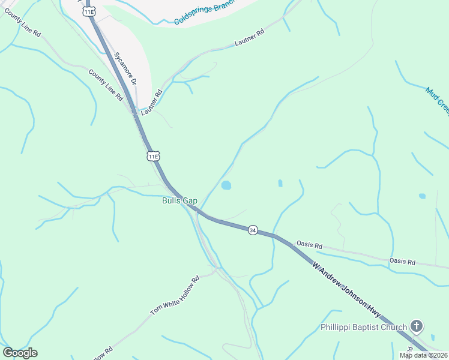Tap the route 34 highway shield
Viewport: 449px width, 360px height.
click(x=253, y=230)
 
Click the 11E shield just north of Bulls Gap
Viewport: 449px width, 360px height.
click(x=153, y=156)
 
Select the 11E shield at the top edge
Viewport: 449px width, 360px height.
click(x=89, y=11)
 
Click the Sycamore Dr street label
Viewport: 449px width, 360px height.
click(x=125, y=68)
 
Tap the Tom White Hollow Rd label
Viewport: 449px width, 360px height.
click(x=175, y=296)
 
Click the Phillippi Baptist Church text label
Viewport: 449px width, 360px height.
click(x=363, y=327)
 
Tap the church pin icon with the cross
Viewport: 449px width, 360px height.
click(x=417, y=326)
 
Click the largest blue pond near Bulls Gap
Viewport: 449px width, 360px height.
click(x=226, y=185)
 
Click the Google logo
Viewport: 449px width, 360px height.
click(x=20, y=353)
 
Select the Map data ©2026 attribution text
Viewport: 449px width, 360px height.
click(x=423, y=355)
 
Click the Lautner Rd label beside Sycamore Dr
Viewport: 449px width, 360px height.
click(x=152, y=103)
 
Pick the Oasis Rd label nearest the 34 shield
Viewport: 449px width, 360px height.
click(x=310, y=246)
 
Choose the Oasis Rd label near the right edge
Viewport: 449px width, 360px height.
click(x=402, y=262)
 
